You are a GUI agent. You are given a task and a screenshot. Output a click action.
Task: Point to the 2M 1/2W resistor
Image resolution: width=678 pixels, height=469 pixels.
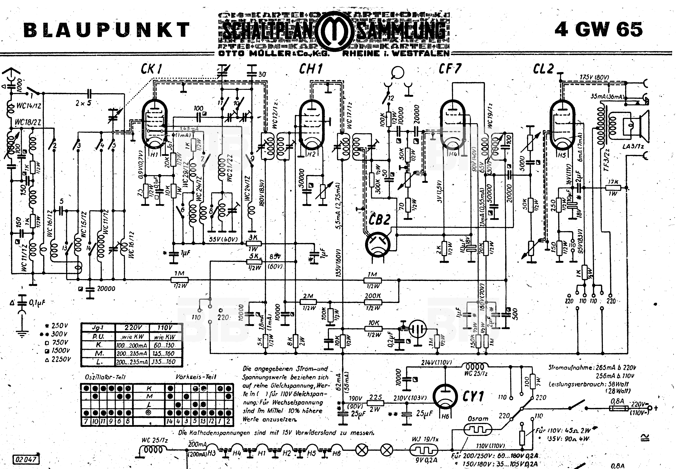(308, 302)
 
